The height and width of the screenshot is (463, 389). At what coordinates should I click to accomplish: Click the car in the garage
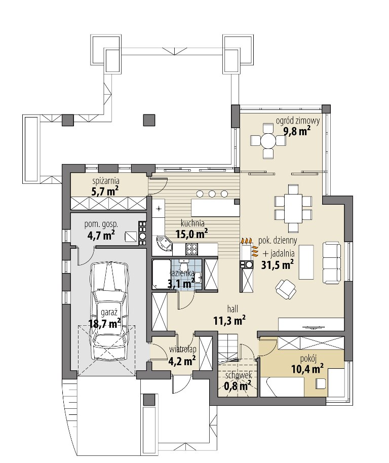point(109,310)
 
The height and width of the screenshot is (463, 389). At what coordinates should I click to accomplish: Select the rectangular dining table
point(293,209)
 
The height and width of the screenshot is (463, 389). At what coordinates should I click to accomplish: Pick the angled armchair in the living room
point(285,289)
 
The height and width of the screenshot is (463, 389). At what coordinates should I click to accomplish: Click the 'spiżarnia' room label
point(106,181)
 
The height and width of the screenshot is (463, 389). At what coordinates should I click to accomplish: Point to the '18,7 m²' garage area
point(104,323)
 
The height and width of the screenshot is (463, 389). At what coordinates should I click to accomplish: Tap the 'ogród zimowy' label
point(298,121)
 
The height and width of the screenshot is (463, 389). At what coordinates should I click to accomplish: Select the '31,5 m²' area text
point(277,264)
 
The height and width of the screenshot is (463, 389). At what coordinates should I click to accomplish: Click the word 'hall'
point(232,309)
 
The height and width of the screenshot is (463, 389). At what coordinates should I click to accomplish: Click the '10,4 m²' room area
point(307,369)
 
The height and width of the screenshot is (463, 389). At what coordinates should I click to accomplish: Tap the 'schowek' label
point(239,375)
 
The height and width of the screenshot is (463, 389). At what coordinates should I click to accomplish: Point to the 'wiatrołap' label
point(183,350)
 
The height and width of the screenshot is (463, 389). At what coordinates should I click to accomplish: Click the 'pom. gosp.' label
point(101,225)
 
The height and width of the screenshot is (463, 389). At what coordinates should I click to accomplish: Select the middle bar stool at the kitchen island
point(212,194)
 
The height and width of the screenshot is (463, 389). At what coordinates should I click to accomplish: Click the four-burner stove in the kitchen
point(192,249)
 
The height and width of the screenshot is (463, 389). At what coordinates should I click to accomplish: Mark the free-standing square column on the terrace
point(149,120)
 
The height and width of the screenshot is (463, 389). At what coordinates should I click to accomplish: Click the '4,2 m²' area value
point(181,361)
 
